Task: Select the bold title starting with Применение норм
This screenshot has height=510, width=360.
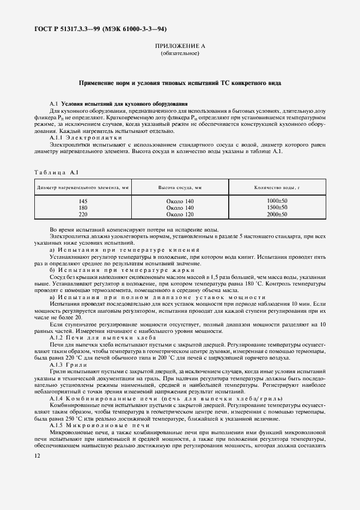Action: click(x=180, y=83)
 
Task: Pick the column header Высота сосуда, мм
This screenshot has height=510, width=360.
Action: click(x=180, y=187)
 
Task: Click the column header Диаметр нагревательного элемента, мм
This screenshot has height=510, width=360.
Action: click(x=83, y=187)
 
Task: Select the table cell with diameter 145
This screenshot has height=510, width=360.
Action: click(x=83, y=202)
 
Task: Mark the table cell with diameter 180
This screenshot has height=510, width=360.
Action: click(x=83, y=208)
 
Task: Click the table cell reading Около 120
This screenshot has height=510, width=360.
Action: click(x=180, y=215)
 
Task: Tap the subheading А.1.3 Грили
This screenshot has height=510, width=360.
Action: click(x=65, y=364)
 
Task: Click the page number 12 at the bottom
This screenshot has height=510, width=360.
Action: click(x=38, y=456)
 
